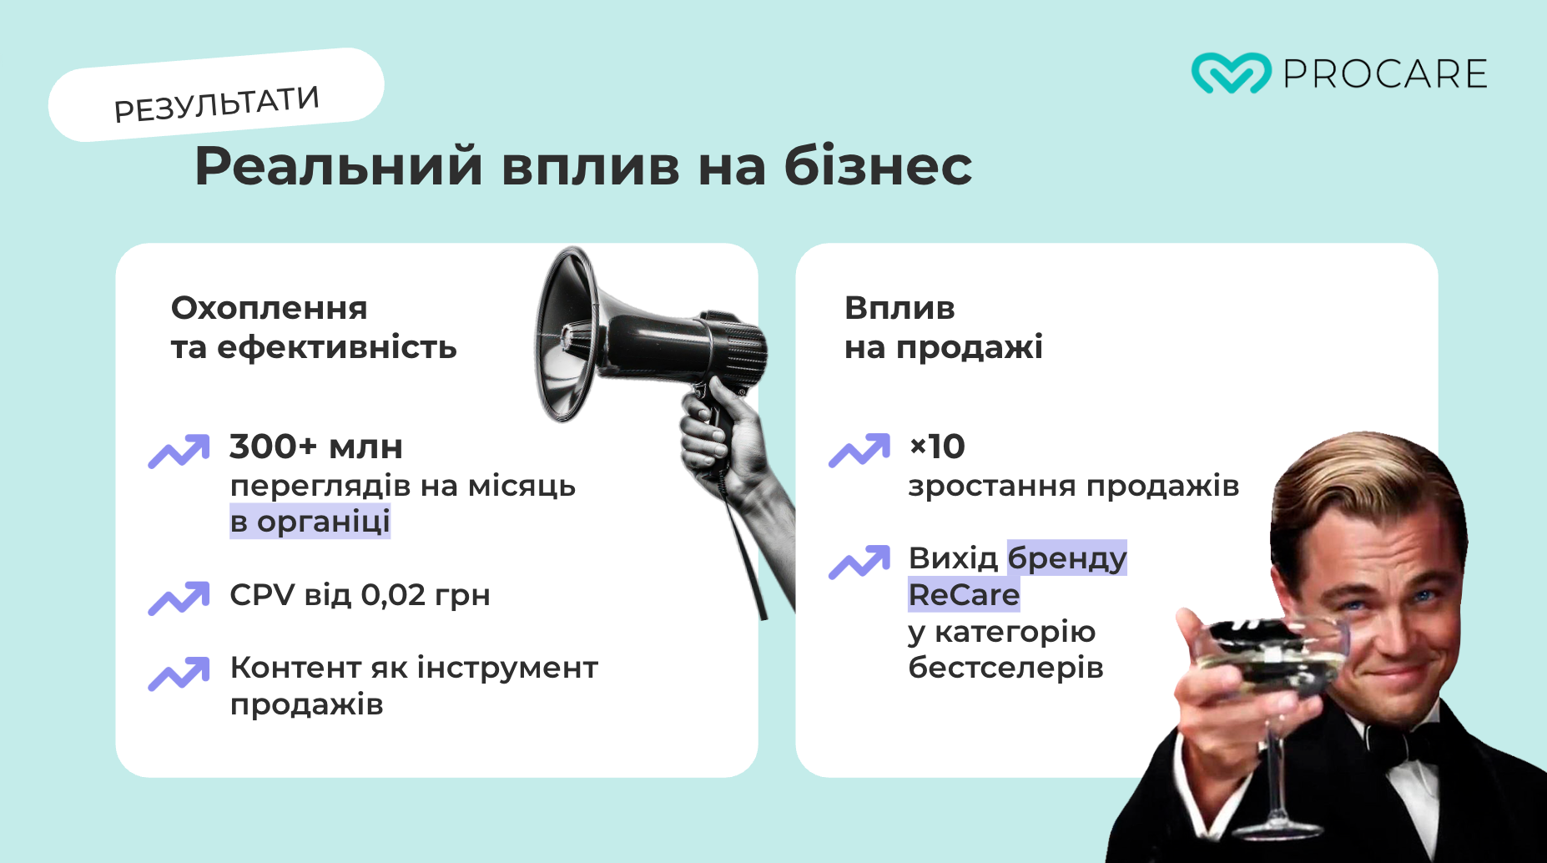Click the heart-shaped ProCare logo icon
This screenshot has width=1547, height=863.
1231,73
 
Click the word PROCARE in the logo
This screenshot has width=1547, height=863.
1385,74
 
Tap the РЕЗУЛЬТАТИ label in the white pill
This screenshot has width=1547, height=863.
216,103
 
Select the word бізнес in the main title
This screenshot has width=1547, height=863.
878,165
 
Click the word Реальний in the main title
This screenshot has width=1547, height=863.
338,165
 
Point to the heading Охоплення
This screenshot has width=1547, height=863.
269,308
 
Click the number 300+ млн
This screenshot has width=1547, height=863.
315,447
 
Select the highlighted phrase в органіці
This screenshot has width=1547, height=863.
310,522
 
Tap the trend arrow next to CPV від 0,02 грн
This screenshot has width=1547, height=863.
179,598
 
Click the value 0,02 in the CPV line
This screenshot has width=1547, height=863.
393,595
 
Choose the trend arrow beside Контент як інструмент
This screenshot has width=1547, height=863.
179,674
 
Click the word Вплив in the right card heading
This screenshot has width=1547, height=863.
899,308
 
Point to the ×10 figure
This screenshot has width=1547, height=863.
937,447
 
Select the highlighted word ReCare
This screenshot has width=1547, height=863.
964,595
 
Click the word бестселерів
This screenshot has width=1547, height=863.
1005,668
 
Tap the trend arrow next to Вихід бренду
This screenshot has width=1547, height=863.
859,562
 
